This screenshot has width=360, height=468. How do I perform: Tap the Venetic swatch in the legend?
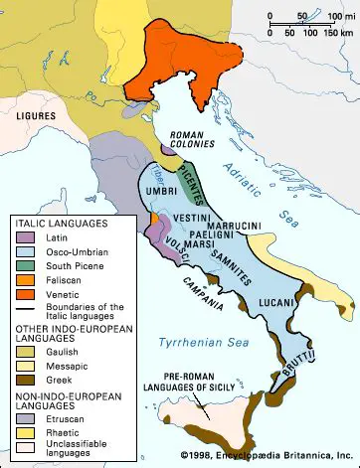(24, 292)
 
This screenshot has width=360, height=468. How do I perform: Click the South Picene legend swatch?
(24, 265)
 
